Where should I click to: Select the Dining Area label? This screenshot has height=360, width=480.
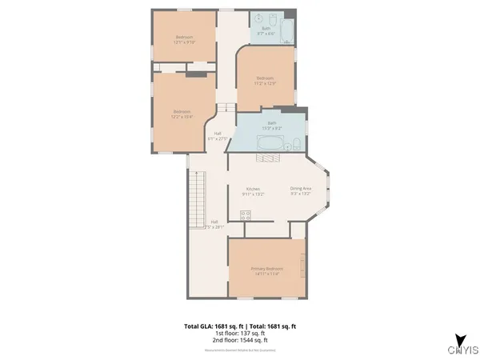301,189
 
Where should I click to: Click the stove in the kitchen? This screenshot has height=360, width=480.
246,214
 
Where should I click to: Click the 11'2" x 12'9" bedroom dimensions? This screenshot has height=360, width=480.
266,83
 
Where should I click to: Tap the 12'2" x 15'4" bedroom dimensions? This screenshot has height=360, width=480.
183,117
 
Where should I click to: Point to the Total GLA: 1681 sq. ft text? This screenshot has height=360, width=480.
210,326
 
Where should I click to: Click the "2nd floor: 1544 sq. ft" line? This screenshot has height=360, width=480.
240,342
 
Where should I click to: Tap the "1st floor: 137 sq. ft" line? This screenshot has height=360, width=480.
240,334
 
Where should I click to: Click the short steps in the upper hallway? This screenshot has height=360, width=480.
227,108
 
